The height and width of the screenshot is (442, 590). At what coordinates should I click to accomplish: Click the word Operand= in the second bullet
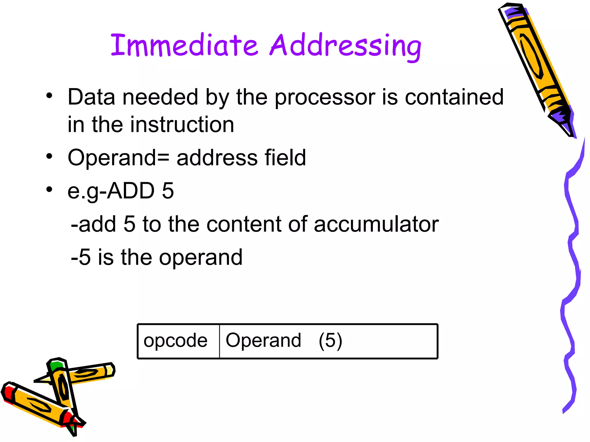118,158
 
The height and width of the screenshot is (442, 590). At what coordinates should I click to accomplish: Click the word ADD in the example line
131,190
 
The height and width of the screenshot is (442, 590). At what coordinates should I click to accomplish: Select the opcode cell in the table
176,341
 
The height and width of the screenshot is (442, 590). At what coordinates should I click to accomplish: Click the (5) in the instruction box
330,341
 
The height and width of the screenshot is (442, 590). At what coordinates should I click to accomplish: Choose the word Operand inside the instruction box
263,340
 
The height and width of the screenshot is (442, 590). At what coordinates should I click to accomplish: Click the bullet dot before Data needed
50,96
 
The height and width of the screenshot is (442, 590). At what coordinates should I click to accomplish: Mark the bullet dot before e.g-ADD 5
50,189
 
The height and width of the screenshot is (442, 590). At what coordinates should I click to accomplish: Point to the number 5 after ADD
168,190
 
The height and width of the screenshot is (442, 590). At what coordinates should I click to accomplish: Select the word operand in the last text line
201,257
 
